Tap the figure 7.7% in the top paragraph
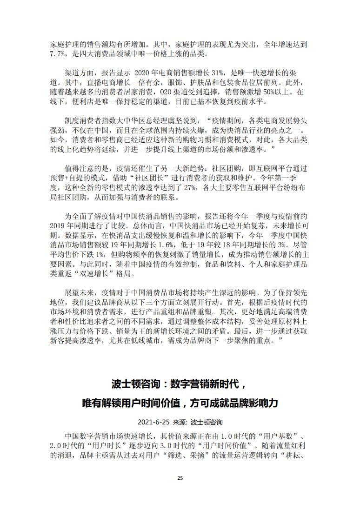click(59, 54)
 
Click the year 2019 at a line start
click(59, 225)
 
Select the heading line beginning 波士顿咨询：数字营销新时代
click(180, 384)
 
